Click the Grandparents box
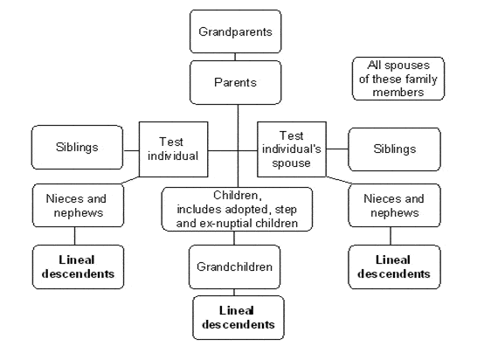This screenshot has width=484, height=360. coord(235,31)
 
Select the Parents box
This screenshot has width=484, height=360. coord(235,82)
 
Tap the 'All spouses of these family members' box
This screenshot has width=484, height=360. coord(398,79)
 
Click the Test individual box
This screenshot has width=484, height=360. coord(174,149)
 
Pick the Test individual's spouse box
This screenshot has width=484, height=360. coord(292,149)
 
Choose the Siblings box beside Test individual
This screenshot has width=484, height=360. coord(77,148)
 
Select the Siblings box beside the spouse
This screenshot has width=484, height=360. coord(395,149)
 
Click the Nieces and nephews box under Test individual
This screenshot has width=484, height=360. coord(78,205)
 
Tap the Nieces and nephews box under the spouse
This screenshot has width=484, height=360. coord(395,205)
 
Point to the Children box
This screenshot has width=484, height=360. coord(237,210)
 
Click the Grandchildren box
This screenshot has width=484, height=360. coord(235,267)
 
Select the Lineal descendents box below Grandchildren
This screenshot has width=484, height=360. coord(239,318)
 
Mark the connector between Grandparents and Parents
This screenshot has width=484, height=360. coord(235,57)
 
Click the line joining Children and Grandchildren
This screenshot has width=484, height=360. coord(234,239)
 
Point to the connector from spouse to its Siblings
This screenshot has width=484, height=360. coord(337,149)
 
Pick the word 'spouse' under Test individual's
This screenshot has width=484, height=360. coord(292,163)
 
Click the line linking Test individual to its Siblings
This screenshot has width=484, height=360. coord(131,150)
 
